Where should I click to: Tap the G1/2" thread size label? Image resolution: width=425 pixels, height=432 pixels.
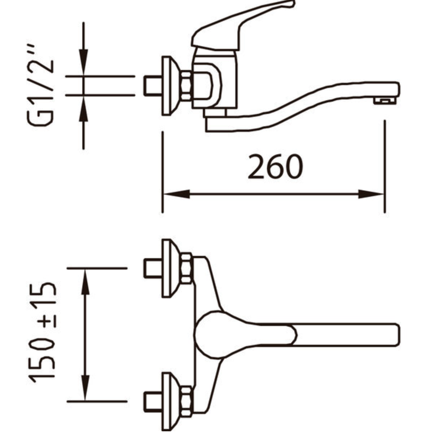point(40,85)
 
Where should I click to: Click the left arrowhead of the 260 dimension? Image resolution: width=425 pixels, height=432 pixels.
point(177,194)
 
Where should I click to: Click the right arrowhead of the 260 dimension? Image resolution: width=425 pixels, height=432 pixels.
point(371,194)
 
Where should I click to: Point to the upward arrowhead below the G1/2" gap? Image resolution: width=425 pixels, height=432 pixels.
point(83,109)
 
